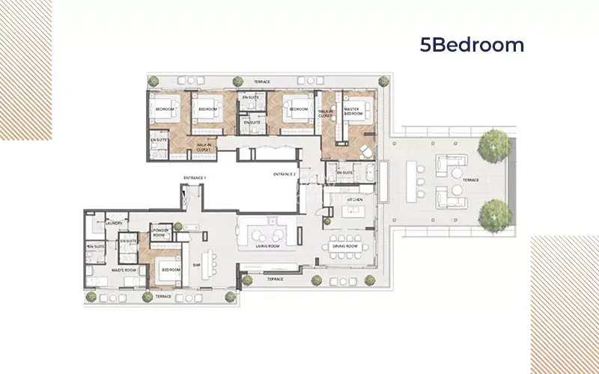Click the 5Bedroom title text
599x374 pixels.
pos(472,46)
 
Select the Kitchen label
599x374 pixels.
pos(356,200)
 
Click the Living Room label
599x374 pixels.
pos(267,245)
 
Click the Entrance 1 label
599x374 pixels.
pos(194,177)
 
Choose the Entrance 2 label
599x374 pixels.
pos(285,174)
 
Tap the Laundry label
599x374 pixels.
pos(114,222)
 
